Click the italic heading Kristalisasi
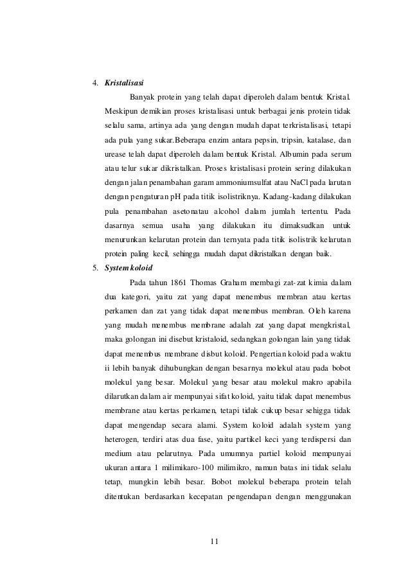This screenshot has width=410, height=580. [124, 83]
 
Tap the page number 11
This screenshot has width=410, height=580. [215, 541]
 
